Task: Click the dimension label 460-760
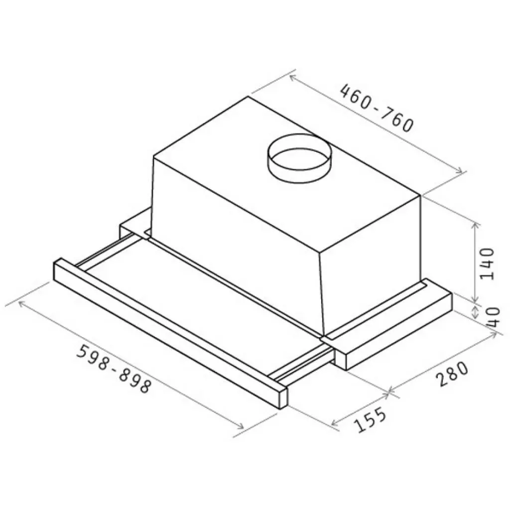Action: coord(377,108)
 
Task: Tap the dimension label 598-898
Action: coord(115,369)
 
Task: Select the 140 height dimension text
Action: coord(487,264)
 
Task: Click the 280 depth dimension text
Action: coord(452,374)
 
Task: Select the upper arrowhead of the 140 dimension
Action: coord(476,227)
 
